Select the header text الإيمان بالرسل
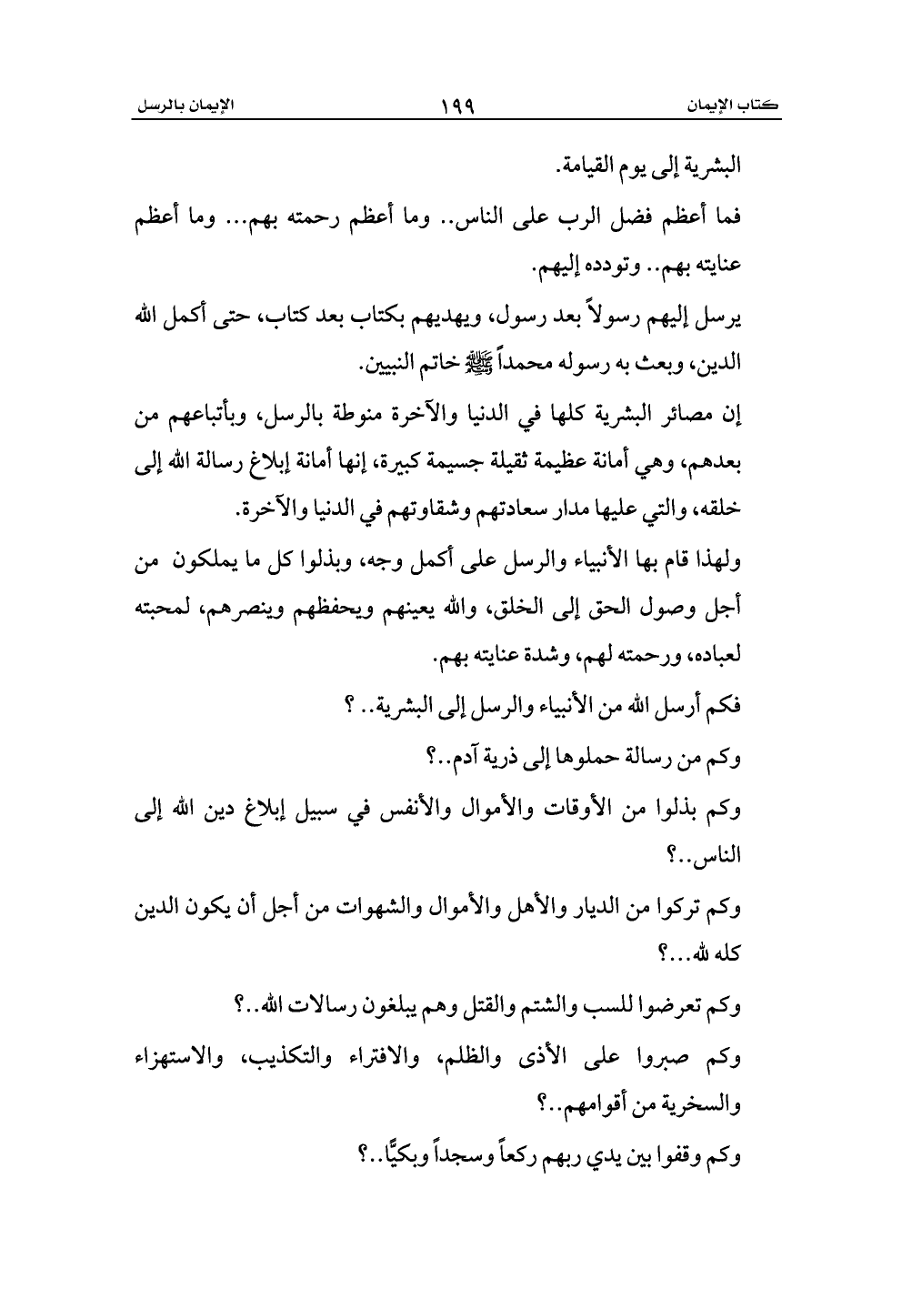pyautogui.click(x=183, y=106)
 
